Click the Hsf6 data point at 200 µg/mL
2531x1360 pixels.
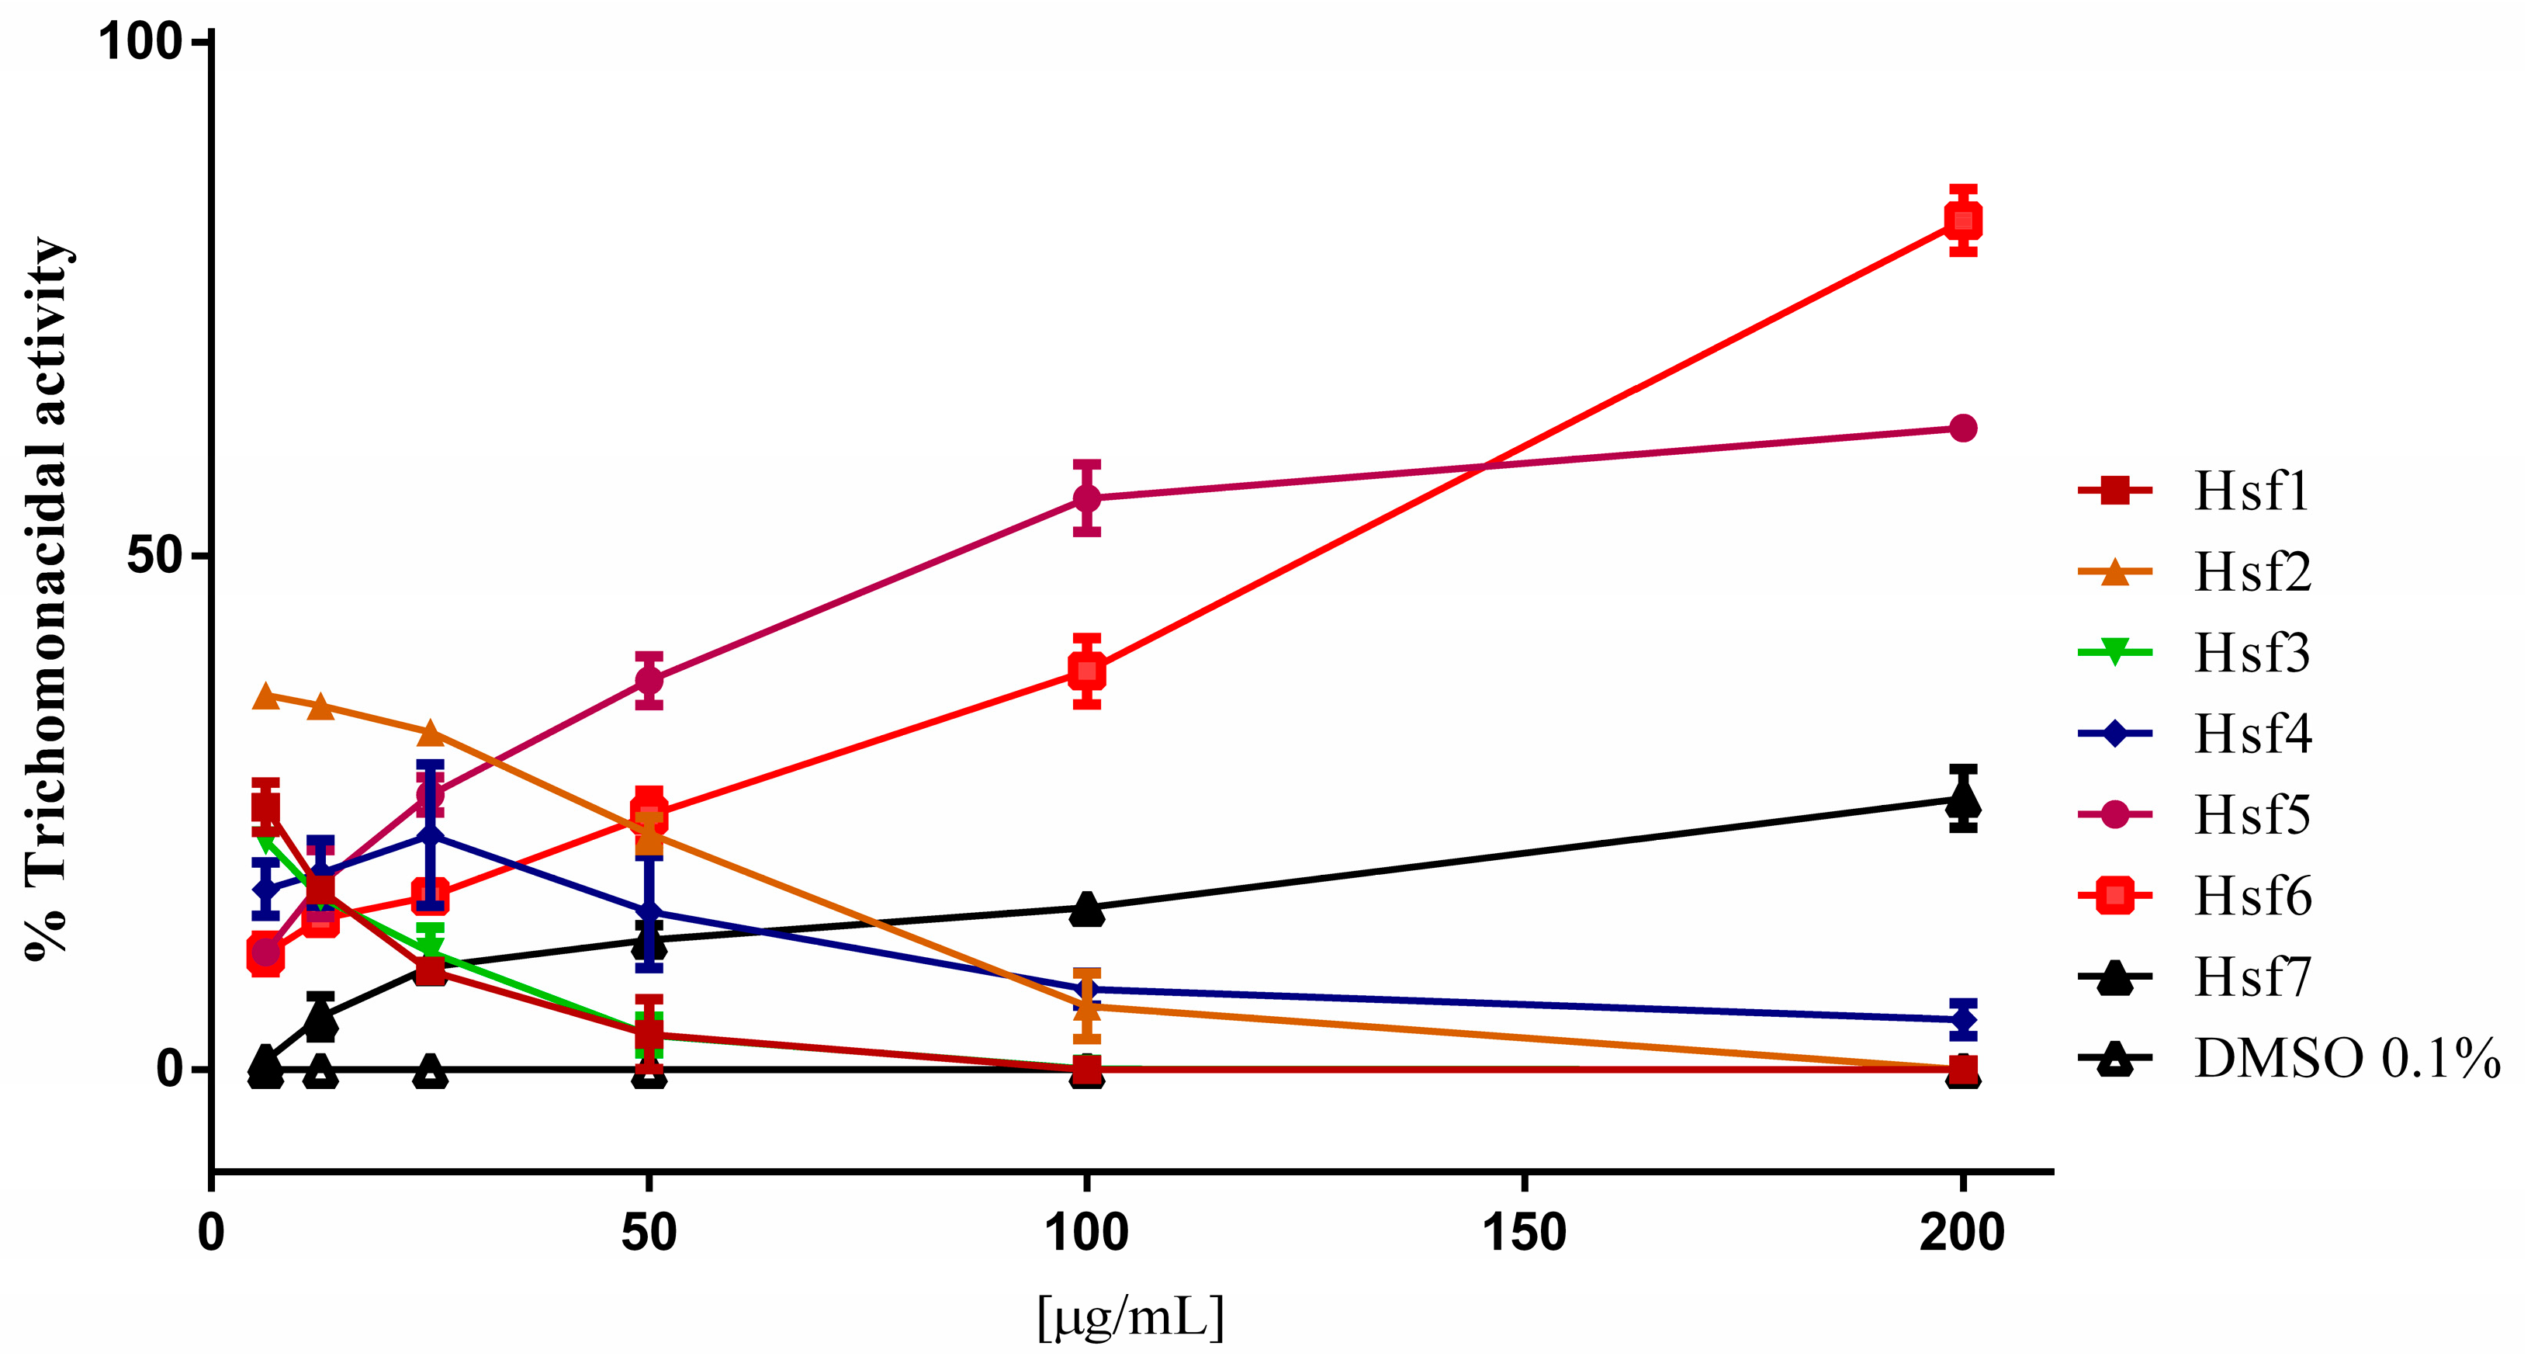(1962, 220)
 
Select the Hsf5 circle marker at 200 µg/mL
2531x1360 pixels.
(1962, 428)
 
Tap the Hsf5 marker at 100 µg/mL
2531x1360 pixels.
(1085, 498)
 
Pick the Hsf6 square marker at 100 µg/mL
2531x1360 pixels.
(1085, 672)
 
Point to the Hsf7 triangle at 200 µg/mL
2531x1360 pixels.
(1962, 799)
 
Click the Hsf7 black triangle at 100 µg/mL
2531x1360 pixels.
(1085, 909)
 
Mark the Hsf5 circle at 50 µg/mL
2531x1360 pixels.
(649, 679)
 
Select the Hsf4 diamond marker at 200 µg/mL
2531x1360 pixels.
(1962, 1020)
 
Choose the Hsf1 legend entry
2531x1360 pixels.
(2250, 491)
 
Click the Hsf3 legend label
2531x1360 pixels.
(2252, 653)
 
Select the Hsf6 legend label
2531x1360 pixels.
(2252, 896)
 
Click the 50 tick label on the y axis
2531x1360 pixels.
(155, 555)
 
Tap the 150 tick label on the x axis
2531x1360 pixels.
(1524, 1232)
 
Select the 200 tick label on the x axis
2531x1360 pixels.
(1962, 1232)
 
